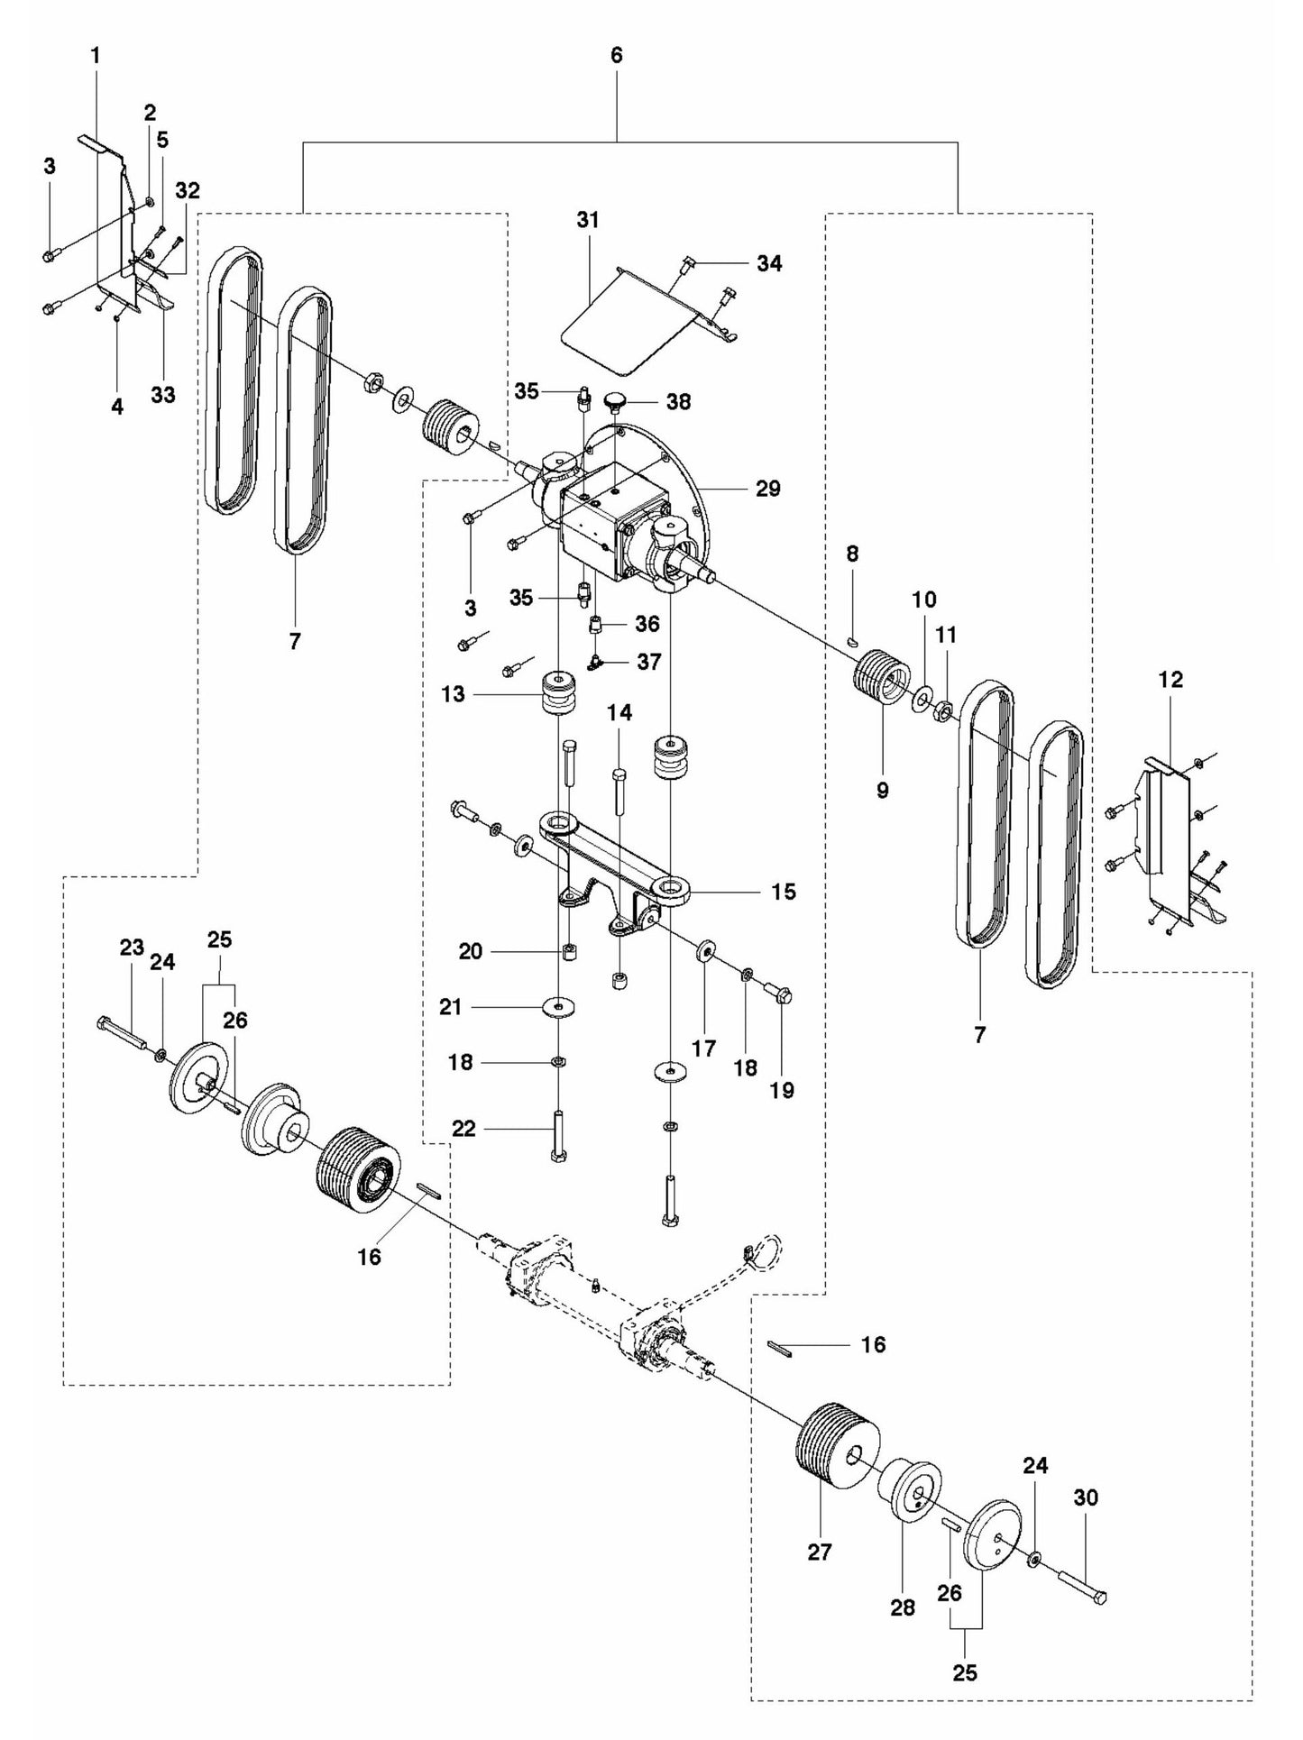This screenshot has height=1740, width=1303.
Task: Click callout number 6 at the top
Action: click(617, 55)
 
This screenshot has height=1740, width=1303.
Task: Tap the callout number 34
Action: click(769, 263)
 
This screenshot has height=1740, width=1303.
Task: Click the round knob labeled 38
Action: click(615, 398)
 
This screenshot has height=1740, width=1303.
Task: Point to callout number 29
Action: click(767, 489)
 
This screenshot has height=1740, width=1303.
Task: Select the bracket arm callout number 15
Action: click(783, 892)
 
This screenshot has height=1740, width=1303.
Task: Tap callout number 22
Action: click(463, 1129)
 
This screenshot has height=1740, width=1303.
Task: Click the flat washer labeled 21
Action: click(559, 1006)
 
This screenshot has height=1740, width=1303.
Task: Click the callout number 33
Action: click(163, 394)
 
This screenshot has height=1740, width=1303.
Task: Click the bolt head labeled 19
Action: click(780, 994)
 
